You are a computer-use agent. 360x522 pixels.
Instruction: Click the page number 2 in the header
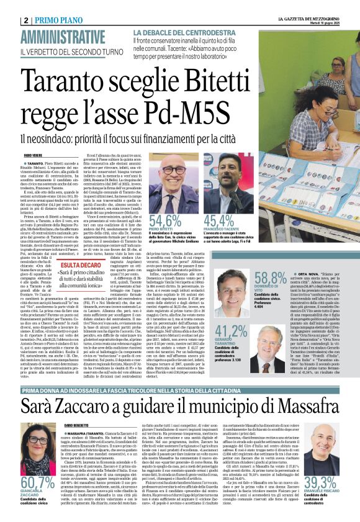point(27,20)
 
